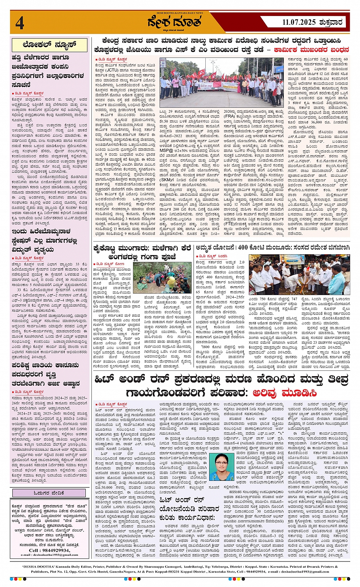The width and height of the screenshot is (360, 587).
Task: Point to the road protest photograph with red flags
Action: pos(221,83)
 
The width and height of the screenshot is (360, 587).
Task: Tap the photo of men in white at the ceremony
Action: pos(299,274)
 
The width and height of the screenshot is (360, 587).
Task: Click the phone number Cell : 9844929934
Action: pos(49,550)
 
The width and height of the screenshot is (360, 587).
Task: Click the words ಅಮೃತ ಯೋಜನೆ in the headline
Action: pos(213,248)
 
